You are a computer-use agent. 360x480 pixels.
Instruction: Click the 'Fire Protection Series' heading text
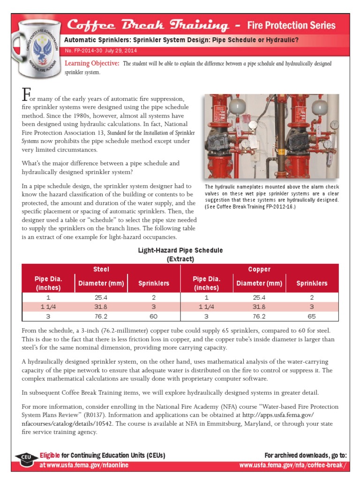291,25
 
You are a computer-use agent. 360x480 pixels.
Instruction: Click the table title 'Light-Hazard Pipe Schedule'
180,250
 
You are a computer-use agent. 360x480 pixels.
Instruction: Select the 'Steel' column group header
101,269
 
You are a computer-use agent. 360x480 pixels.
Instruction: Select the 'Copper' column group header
259,269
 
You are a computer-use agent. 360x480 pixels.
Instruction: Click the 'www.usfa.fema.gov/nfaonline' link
84,465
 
